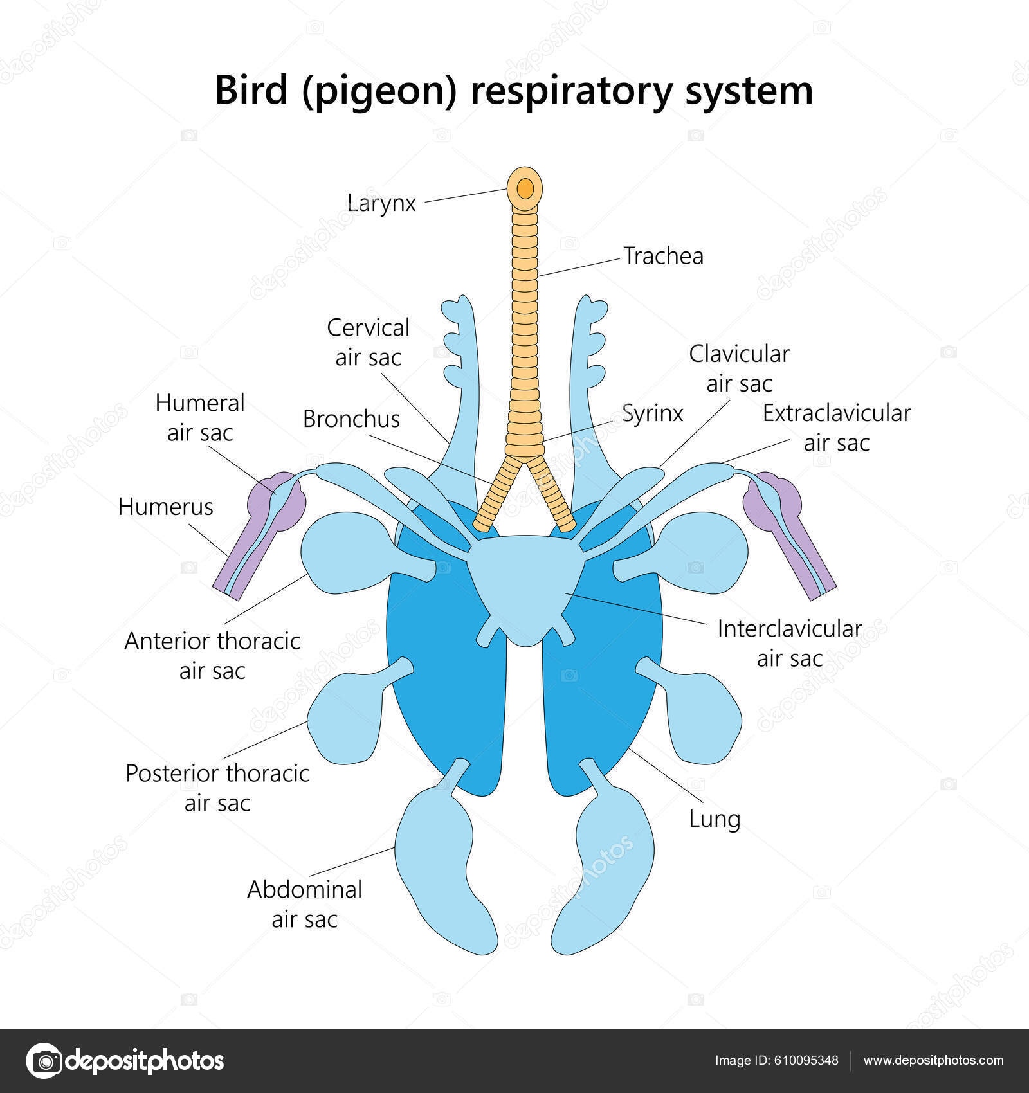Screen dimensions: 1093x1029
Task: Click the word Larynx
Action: pyautogui.click(x=381, y=203)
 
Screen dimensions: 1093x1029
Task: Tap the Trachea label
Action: pyautogui.click(x=663, y=256)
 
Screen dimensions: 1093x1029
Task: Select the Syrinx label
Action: pyautogui.click(x=652, y=413)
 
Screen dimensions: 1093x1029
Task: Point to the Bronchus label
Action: pyautogui.click(x=351, y=419)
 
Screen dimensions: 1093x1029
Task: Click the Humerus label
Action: pyautogui.click(x=165, y=507)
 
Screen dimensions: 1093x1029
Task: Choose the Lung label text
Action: pyautogui.click(x=715, y=819)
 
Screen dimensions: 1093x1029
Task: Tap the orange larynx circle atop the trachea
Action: pyautogui.click(x=525, y=188)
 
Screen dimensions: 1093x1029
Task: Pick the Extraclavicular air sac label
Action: pyautogui.click(x=836, y=428)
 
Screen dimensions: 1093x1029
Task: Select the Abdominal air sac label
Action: pyautogui.click(x=304, y=904)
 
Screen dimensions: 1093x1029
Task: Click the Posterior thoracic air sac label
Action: pyautogui.click(x=217, y=788)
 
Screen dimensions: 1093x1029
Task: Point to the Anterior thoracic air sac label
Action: pyautogui.click(x=212, y=656)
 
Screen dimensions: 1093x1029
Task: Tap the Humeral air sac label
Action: pyautogui.click(x=200, y=418)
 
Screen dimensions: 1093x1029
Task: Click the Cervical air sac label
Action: pyautogui.click(x=368, y=342)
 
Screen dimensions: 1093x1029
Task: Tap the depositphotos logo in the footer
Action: pyautogui.click(x=125, y=1061)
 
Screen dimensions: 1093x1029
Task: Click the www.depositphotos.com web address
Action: pyautogui.click(x=933, y=1061)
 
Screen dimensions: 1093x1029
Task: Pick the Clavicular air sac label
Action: pyautogui.click(x=739, y=368)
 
